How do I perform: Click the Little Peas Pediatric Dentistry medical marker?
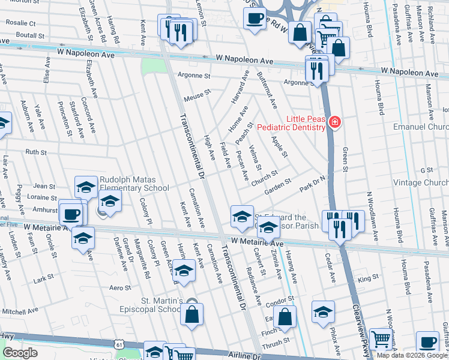click(334, 123)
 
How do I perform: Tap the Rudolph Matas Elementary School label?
click(134, 183)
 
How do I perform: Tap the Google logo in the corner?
click(20, 352)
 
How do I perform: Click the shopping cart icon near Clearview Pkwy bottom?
click(381, 340)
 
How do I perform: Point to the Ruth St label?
click(36, 152)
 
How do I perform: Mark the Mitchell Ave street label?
click(22, 311)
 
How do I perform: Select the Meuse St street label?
click(199, 95)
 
